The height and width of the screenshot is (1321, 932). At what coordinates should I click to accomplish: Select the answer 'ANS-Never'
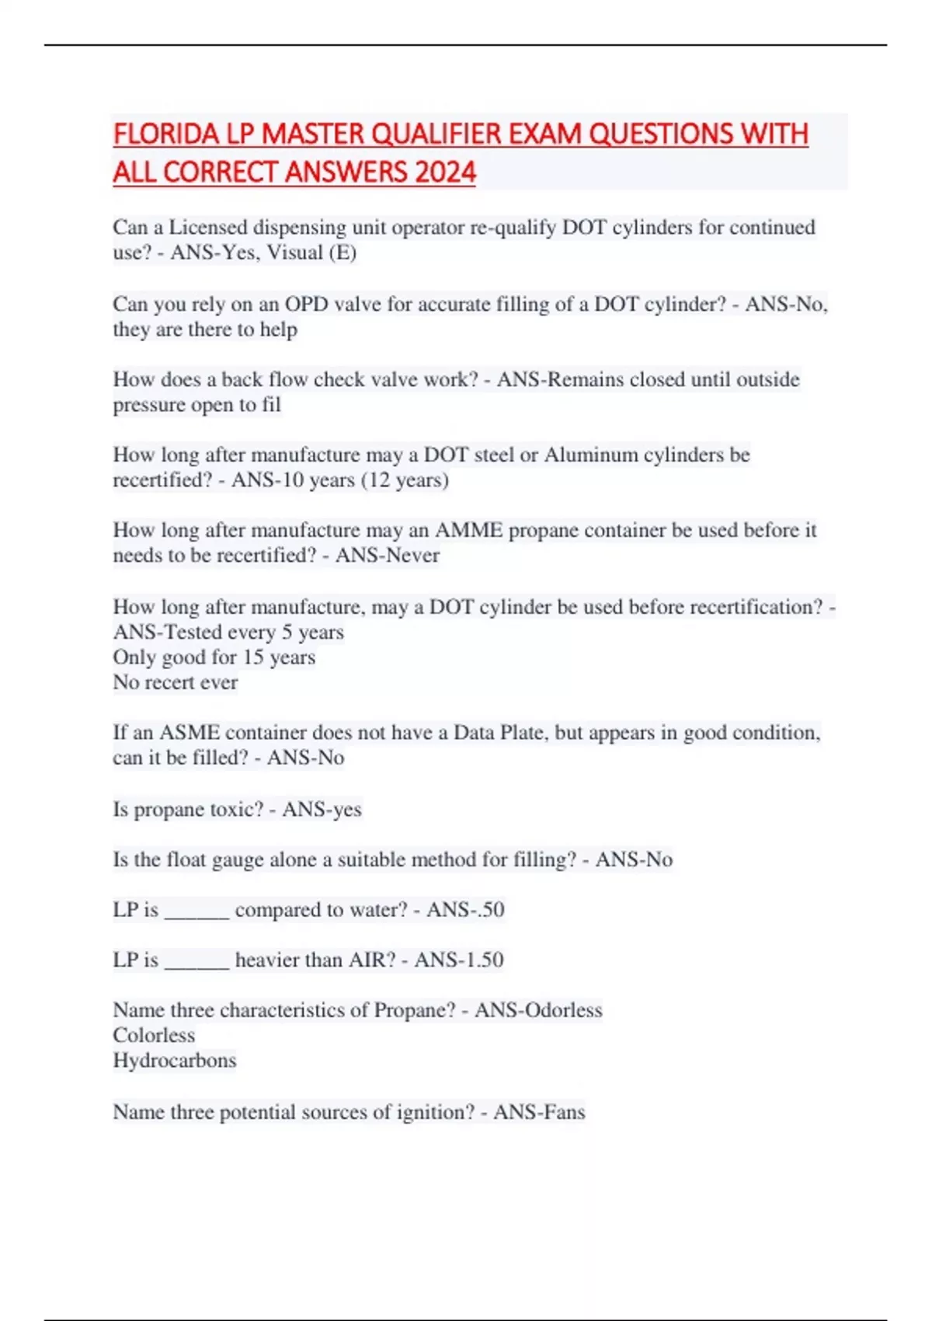click(x=388, y=556)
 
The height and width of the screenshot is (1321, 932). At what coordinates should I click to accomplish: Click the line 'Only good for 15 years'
click(x=214, y=657)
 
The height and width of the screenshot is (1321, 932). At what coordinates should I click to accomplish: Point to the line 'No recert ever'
click(x=176, y=682)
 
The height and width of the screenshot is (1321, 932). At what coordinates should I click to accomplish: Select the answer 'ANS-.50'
click(x=465, y=910)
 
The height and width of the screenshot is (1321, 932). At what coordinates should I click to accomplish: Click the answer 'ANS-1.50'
click(x=459, y=960)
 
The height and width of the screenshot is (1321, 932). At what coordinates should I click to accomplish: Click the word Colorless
click(x=154, y=1036)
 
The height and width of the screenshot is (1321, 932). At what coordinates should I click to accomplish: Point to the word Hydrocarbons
click(x=175, y=1061)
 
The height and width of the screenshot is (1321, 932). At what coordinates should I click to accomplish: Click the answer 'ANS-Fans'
click(x=539, y=1112)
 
